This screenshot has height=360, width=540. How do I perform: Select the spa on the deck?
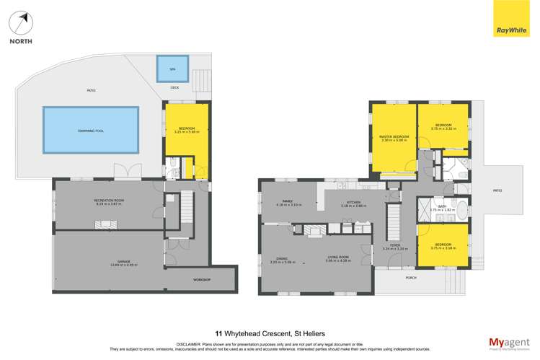pos(172,69)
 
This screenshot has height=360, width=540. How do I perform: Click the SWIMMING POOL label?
pos(90,130)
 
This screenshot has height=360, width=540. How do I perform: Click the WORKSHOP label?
pos(201,278)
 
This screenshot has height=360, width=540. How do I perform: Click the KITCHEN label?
pos(354,203)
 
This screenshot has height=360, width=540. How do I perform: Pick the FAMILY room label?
pos(288,203)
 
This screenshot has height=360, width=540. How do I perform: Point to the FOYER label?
pos(394,246)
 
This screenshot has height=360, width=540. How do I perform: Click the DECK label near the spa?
pos(174,88)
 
